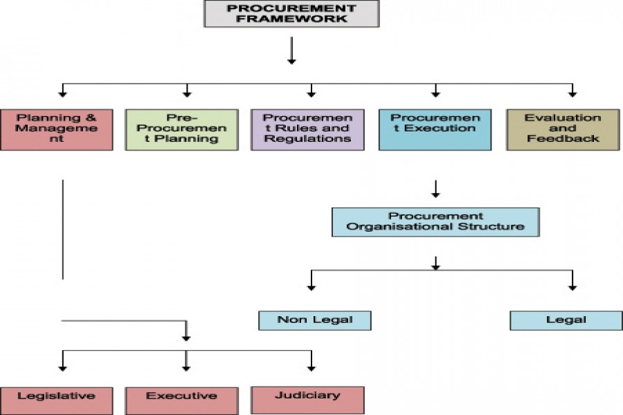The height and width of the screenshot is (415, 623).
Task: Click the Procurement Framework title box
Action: coord(291,14)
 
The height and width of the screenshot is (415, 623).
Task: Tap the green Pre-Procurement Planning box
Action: coord(187,129)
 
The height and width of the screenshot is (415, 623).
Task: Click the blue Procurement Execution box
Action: coord(435,129)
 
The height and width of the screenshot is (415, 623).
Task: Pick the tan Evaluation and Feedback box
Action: coord(563,129)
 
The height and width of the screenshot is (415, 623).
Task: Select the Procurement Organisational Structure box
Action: coord(435,221)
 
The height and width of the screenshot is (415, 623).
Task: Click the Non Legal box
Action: coord(315,320)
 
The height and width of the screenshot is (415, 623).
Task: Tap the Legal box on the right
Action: coord(566,320)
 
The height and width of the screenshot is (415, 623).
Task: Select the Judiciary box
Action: coord(307,400)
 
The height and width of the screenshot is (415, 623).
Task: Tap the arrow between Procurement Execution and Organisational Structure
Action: coord(435,189)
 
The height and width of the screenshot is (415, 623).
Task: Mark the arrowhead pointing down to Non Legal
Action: coord(311,286)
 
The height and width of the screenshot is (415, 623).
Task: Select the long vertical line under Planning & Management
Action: coord(63,228)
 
